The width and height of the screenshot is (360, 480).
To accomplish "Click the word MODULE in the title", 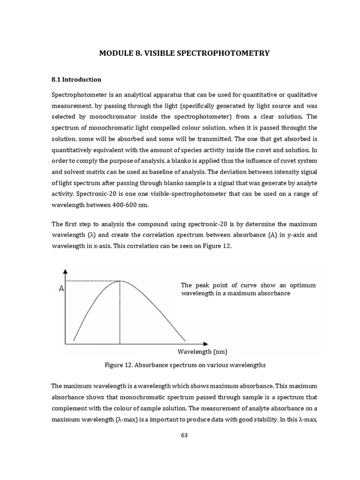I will [115, 53].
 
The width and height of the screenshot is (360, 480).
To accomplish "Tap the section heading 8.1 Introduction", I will [76, 79].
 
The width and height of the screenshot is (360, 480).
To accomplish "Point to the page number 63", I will [184, 435].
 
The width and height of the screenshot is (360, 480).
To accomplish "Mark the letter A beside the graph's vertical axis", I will [61, 289].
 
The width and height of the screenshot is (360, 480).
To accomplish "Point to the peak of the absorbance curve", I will [120, 281].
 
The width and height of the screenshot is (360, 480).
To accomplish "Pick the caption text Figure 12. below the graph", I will [120, 365].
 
